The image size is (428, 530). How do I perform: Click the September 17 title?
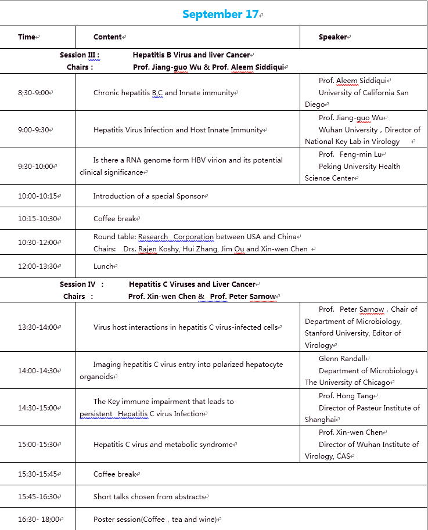(221, 15)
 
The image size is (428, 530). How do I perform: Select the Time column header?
(27, 37)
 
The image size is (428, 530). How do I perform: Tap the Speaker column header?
(333, 37)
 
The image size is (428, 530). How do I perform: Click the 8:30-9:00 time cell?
(34, 93)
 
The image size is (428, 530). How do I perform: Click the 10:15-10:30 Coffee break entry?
(115, 219)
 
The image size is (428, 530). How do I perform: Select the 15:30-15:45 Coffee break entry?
(115, 474)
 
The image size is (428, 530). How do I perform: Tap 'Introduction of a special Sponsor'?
(149, 196)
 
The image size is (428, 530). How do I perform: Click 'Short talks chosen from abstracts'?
(149, 497)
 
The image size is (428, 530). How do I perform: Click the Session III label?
(80, 55)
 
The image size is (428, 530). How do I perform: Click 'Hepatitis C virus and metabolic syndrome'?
(163, 445)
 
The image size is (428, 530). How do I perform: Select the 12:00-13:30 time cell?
(38, 266)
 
